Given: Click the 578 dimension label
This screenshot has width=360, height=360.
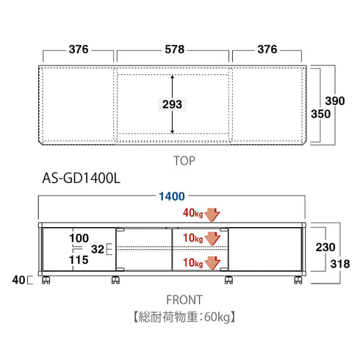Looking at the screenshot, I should (173, 50).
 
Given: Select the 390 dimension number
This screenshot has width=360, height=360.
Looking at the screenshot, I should (335, 101).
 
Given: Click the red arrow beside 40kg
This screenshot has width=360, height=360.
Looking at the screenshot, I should (212, 214).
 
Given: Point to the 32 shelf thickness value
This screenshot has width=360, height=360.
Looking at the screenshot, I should (98, 250).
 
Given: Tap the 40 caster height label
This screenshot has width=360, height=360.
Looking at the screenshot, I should (17, 280).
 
